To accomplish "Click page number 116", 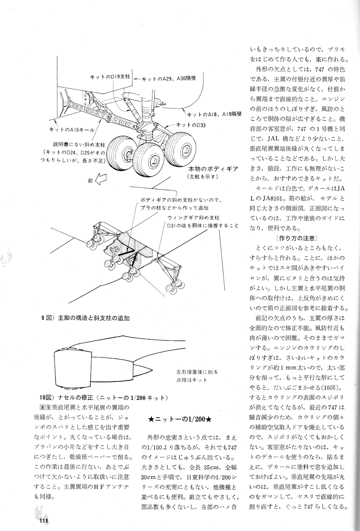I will coord(43,521).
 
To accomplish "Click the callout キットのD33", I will coord(191,125).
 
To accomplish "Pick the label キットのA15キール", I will coord(72,129).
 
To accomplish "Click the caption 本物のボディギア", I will coord(213,169).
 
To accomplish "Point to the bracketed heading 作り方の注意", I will coord(297,238).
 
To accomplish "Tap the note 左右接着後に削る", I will coord(197,372).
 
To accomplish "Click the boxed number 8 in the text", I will coord(42,408).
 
